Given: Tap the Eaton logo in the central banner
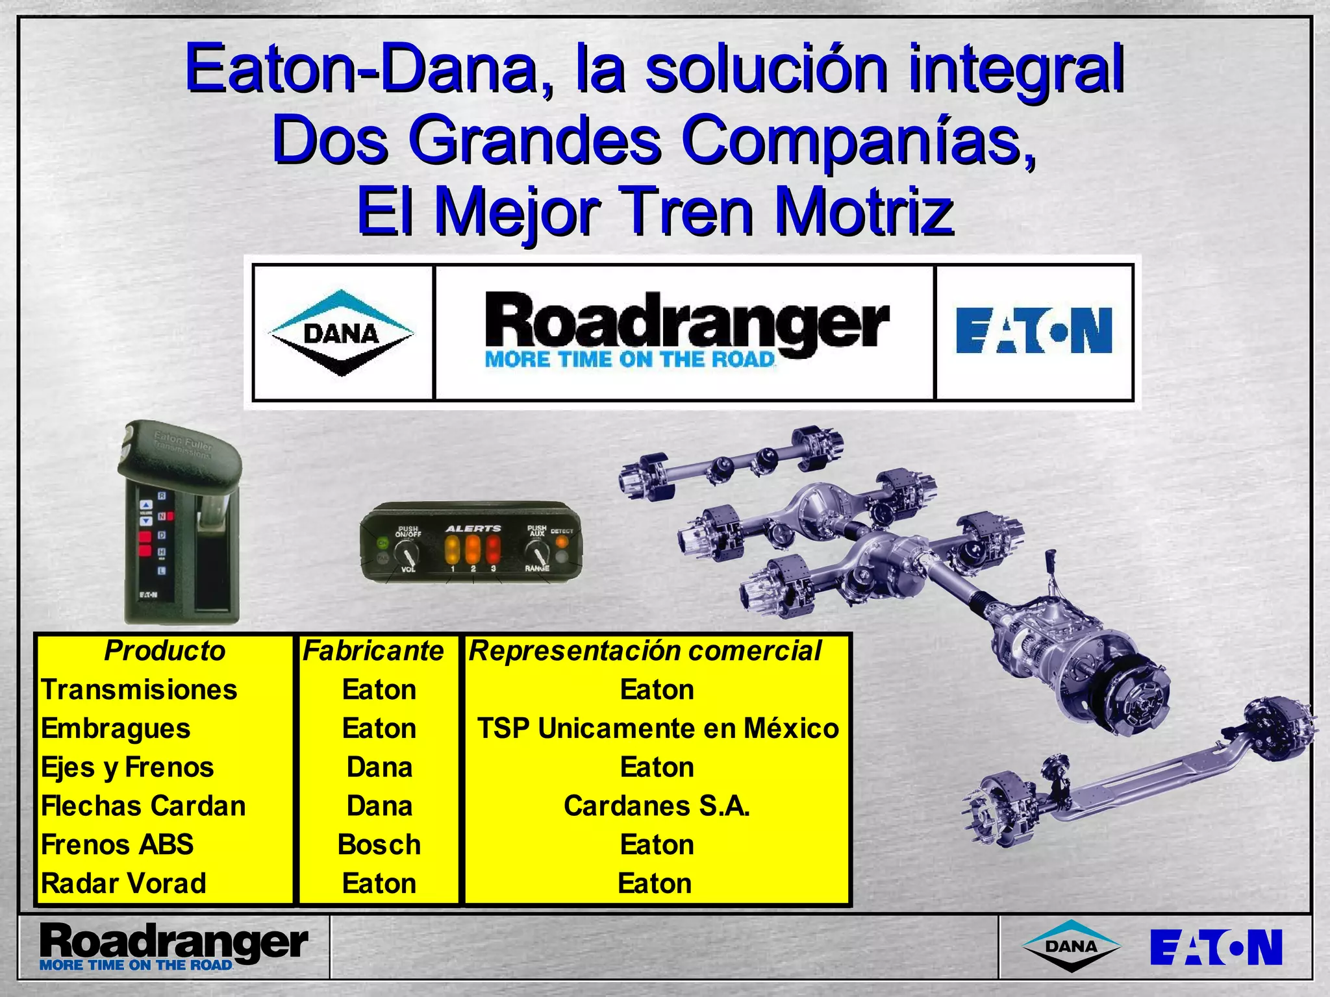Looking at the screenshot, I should click(x=1034, y=330).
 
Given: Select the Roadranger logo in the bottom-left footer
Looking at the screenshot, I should click(x=173, y=946).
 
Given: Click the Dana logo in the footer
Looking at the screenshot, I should click(x=1072, y=946).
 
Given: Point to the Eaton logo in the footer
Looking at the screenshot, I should click(x=1216, y=947).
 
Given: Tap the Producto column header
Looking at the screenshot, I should click(x=164, y=651).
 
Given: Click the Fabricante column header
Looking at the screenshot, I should click(x=373, y=651).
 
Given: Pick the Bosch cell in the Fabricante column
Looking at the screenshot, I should click(x=379, y=845).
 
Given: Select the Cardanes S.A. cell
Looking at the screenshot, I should click(x=657, y=806).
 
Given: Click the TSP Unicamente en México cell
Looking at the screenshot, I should click(x=657, y=728).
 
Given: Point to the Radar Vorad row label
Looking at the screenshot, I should click(x=123, y=884).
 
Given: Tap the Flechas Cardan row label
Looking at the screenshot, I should click(x=144, y=806).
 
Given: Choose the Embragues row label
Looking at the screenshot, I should click(x=116, y=728).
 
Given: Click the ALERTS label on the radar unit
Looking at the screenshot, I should click(x=473, y=528).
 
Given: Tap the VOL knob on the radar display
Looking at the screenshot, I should click(x=410, y=554).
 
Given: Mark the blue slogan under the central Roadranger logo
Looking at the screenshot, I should click(x=630, y=360).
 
